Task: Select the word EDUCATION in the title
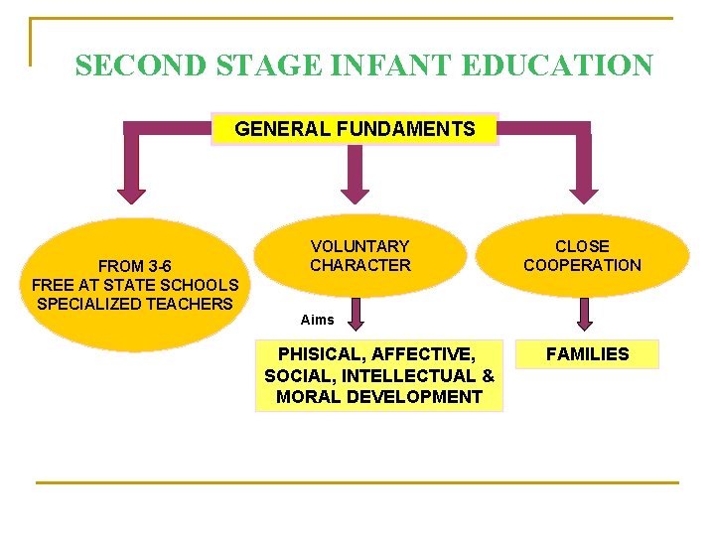557,66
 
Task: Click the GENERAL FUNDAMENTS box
355,129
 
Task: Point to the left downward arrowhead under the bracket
131,193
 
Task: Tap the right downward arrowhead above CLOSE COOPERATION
584,193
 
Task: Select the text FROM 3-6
135,266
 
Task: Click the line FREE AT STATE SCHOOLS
135,285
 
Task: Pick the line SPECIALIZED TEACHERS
135,304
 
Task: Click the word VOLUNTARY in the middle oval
359,246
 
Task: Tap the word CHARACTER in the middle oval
359,265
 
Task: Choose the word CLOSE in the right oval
582,246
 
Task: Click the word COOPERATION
582,265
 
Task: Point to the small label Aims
318,320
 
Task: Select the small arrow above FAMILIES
585,317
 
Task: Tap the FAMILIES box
588,354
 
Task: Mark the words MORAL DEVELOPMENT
379,397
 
